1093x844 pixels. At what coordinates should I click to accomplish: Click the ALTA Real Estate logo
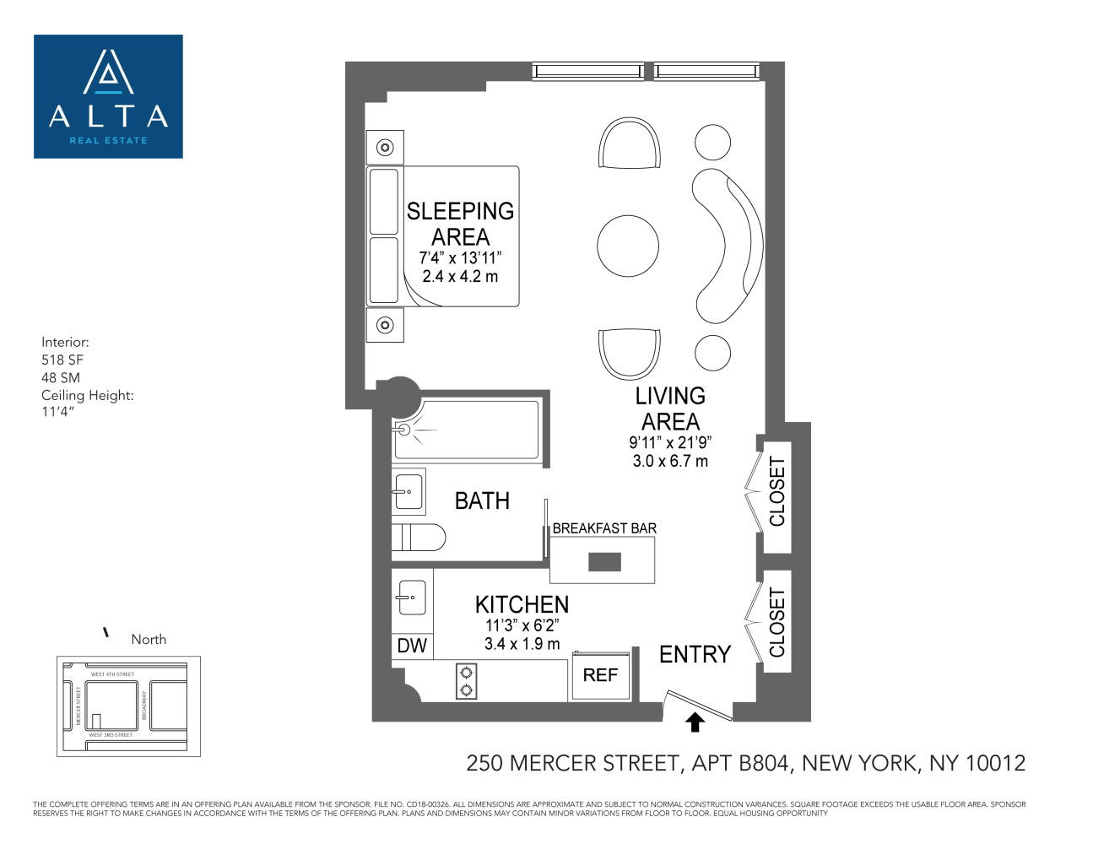108,96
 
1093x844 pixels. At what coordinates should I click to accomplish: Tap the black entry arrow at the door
695,722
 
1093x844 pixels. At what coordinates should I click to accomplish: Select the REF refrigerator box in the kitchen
600,675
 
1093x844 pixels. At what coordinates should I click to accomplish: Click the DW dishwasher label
412,647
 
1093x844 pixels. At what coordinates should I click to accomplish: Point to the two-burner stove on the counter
466,681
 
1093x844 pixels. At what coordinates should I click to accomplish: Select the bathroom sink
409,491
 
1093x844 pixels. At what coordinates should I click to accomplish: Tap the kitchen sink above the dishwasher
412,598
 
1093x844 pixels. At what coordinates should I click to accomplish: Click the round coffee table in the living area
627,246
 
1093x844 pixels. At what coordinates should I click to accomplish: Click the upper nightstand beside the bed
385,148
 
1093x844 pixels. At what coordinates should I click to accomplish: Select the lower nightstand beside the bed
385,325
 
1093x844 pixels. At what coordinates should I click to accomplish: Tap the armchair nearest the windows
629,144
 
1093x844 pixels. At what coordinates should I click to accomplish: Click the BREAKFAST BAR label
604,528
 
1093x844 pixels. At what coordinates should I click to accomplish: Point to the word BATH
482,501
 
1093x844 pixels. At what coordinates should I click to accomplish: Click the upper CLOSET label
776,491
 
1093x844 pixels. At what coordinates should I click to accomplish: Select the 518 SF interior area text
62,360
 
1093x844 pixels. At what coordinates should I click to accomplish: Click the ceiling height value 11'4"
58,412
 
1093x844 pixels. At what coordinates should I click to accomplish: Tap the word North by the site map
149,640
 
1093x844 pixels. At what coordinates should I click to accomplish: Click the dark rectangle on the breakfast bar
604,561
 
